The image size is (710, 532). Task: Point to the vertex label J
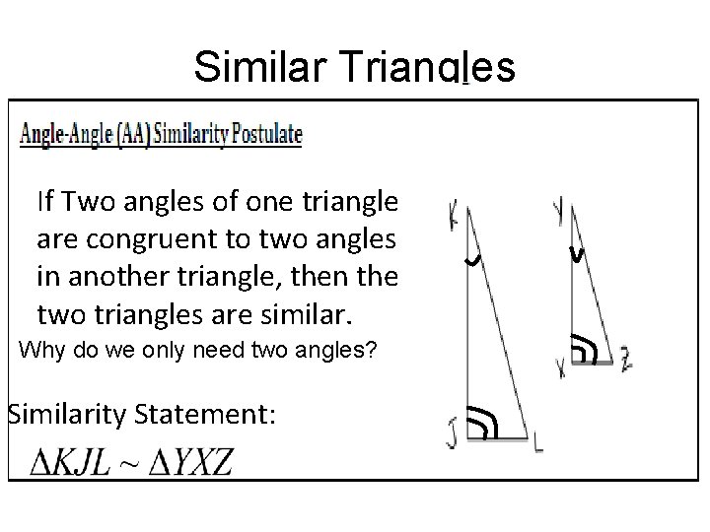(452, 432)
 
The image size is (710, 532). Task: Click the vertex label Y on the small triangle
(559, 210)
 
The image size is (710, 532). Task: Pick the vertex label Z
(626, 361)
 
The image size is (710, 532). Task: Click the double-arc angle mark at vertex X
(585, 350)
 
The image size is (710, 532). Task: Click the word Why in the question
(39, 349)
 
